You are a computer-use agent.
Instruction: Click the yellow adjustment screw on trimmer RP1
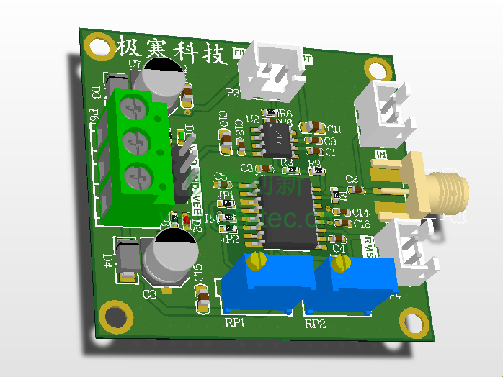coord(254,261)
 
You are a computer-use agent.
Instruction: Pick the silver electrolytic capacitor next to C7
coord(162,80)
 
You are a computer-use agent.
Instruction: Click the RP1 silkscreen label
coord(236,323)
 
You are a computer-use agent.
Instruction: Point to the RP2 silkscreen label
coord(316,324)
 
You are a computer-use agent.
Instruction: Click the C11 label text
coord(334,129)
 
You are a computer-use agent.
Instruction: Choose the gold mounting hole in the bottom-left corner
coord(115,317)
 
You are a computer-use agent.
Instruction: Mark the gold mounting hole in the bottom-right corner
coord(414,323)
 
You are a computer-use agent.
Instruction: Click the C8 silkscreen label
coord(150,294)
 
